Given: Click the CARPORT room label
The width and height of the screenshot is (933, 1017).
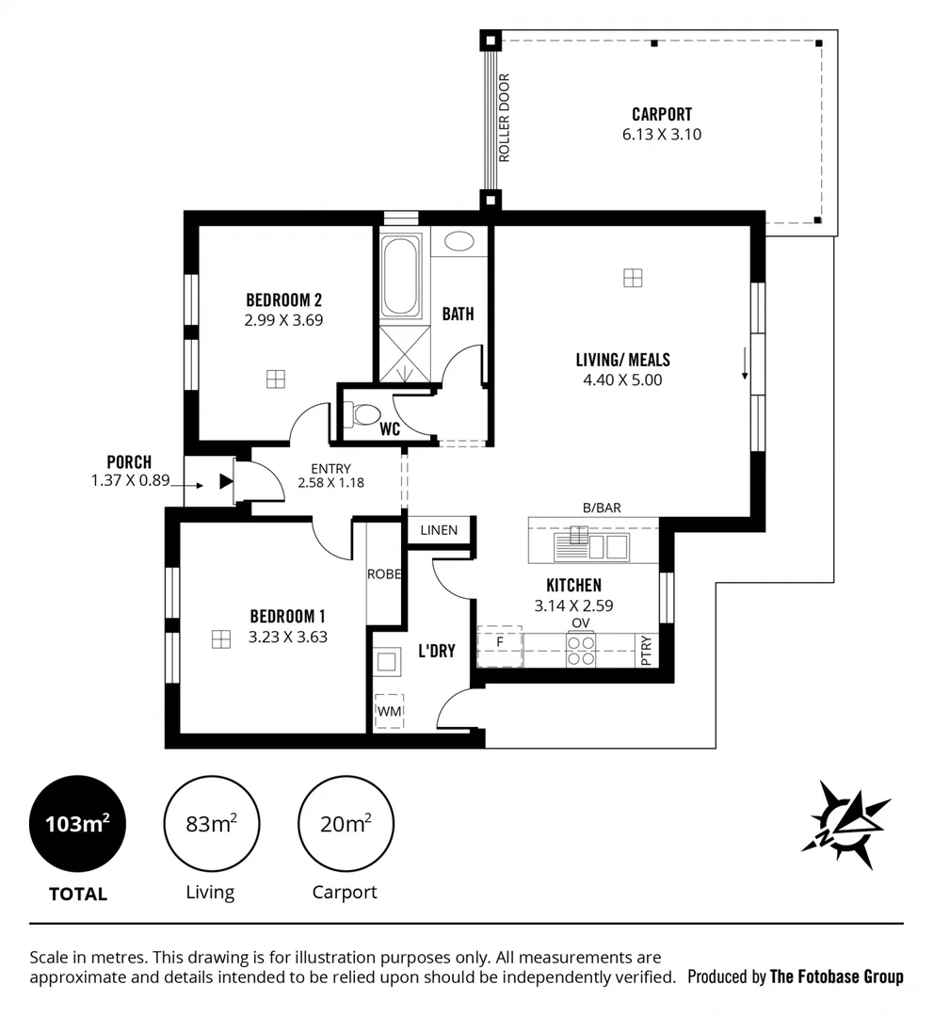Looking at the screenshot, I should pos(661,115).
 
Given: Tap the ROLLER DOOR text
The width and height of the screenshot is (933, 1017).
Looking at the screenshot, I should pos(504,119).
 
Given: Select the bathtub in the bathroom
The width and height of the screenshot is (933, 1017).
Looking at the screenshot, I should pos(401,278).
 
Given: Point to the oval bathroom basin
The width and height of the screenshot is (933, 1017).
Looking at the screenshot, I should pos(458,241).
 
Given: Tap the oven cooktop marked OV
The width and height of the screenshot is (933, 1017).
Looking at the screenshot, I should pos(581,649).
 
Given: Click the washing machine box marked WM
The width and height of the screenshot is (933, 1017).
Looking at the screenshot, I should pos(389,711).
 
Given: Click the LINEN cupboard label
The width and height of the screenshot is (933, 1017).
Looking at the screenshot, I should pos(439,530).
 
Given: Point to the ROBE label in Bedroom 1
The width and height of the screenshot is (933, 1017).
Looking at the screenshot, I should pos(384,573).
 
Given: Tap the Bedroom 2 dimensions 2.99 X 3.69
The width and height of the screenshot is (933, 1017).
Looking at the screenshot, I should pos(283,320).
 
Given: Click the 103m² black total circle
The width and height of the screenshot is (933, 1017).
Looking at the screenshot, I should pos(77,824).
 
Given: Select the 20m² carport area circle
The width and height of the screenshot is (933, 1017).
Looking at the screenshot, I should pos(345,824).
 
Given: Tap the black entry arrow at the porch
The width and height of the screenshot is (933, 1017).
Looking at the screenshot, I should pos(225,482).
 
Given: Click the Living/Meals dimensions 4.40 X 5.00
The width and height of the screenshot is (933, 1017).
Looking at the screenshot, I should pos(622,380).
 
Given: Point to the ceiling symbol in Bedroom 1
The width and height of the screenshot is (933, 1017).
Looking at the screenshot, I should pos(220,639).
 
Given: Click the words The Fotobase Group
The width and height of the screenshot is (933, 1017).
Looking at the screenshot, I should pos(836,977).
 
